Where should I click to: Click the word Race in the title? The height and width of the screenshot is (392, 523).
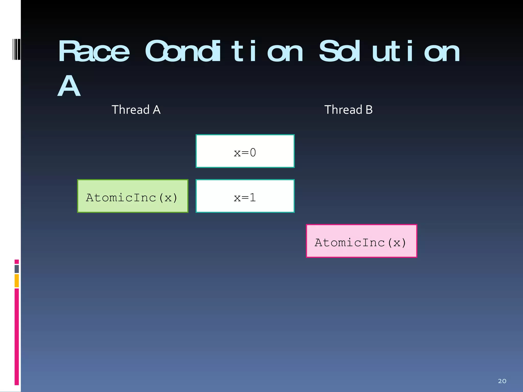pyautogui.click(x=94, y=52)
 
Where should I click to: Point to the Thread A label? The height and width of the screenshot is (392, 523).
pyautogui.click(x=136, y=110)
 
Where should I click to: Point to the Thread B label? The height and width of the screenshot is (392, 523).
pyautogui.click(x=348, y=110)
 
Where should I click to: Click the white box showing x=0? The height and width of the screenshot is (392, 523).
pyautogui.click(x=245, y=151)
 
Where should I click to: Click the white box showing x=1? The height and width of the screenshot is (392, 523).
pyautogui.click(x=245, y=196)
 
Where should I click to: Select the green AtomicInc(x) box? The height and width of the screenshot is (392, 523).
pyautogui.click(x=133, y=196)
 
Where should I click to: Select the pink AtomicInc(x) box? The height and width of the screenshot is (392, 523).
pyautogui.click(x=361, y=241)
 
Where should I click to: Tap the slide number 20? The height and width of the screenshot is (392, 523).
pyautogui.click(x=502, y=381)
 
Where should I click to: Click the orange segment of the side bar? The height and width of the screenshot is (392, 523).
pyautogui.click(x=17, y=280)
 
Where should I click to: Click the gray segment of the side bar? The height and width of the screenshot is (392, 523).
pyautogui.click(x=17, y=269)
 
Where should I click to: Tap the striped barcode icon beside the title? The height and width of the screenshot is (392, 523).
pyautogui.click(x=16, y=49)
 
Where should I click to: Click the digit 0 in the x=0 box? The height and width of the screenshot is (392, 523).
pyautogui.click(x=253, y=153)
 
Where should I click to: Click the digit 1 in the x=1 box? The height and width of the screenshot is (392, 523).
pyautogui.click(x=253, y=198)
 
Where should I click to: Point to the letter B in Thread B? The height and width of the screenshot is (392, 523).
pyautogui.click(x=369, y=110)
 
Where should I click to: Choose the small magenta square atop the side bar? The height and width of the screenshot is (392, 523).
pyautogui.click(x=17, y=262)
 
